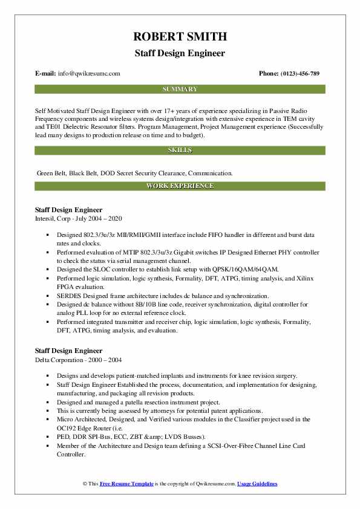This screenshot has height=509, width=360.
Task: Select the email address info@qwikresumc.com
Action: tap(90, 73)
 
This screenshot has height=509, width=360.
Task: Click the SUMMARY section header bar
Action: tap(180, 89)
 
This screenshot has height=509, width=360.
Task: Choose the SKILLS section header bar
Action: tap(180, 149)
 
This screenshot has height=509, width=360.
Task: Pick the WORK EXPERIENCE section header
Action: tap(180, 186)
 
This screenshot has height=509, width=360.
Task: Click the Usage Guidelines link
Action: tap(257, 484)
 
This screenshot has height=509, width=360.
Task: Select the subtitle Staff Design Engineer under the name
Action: tap(180, 53)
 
